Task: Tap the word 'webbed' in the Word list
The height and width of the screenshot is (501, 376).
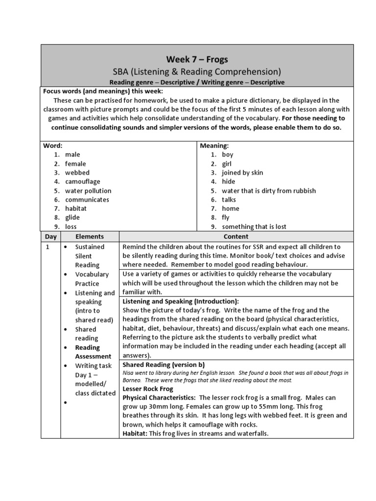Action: pos(77,173)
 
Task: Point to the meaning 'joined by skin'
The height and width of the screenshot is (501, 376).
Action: pos(242,173)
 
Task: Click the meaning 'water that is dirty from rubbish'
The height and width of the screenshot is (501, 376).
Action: pos(269,191)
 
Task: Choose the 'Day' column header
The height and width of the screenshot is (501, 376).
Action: pos(51,236)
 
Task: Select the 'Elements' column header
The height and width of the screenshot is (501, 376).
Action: pos(89,236)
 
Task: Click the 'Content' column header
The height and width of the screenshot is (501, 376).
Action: pos(236,236)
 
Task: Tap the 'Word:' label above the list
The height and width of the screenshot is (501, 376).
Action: pos(53,146)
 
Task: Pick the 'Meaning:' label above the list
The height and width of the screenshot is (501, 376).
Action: pos(213,146)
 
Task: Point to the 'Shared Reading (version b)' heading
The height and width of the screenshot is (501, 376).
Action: pos(164,365)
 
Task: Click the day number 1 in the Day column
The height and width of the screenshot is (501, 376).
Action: pos(48,247)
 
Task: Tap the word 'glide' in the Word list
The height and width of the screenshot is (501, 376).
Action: pos(72,218)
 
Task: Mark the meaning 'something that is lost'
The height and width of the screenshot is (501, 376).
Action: pos(254,227)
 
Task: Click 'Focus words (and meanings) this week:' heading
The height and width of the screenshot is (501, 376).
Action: pos(103,91)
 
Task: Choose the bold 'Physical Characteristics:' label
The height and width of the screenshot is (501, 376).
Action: pos(159,398)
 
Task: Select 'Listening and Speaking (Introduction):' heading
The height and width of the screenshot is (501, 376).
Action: pos(181,301)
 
